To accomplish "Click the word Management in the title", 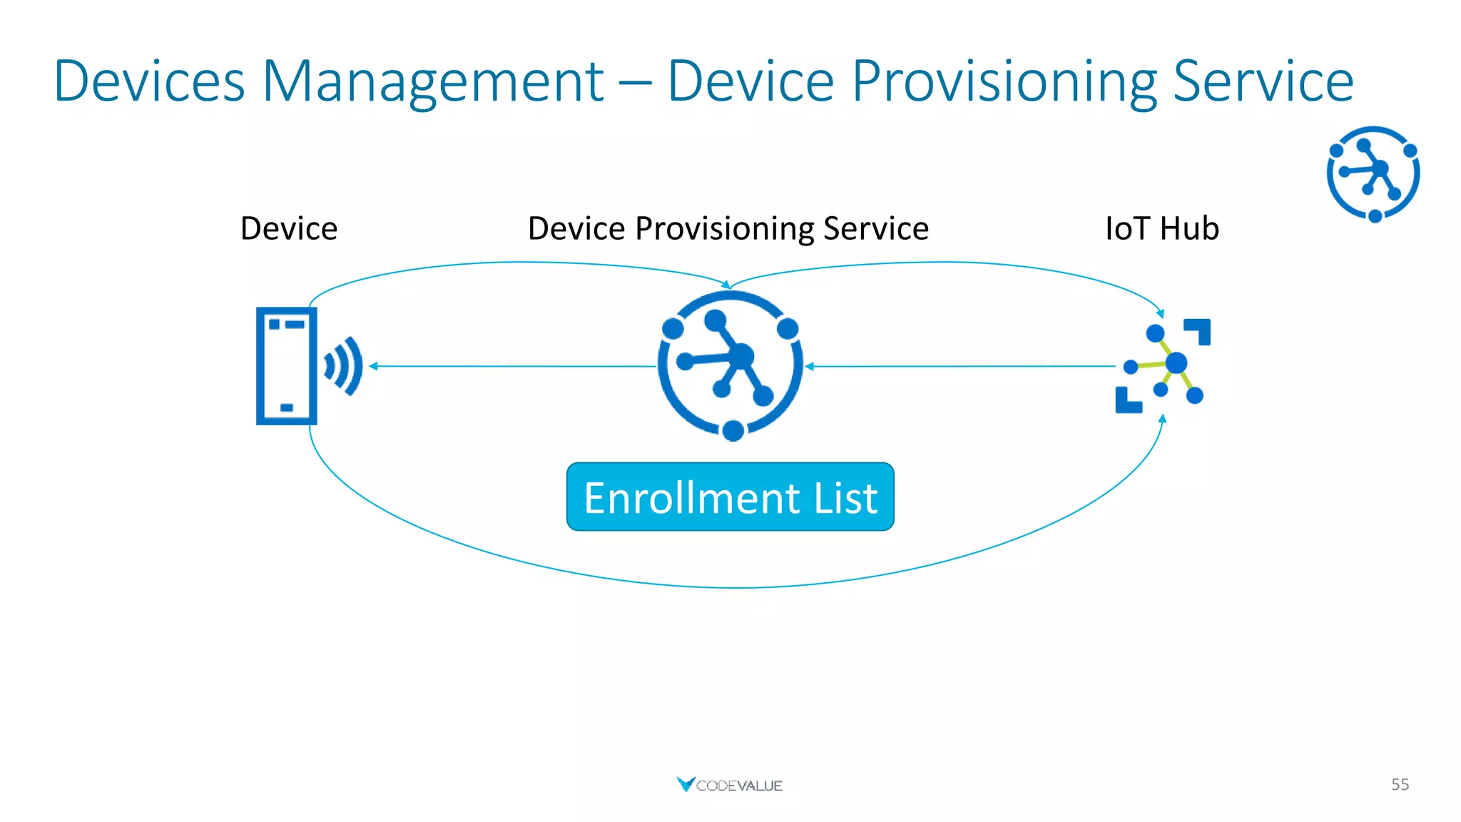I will (433, 82).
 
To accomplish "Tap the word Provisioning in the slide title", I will (1004, 82).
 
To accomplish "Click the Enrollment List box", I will (730, 497).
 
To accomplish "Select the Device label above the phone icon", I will (289, 228).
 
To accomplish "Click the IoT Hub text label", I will (1161, 228).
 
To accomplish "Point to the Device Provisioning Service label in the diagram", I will (728, 228).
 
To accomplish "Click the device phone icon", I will (286, 366).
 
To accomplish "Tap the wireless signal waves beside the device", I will (345, 366).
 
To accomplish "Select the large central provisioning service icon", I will (730, 365).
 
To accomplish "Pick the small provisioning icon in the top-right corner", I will (1373, 173).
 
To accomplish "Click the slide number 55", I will (1400, 784).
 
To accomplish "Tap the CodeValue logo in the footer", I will (729, 785).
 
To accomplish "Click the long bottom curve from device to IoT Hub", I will (735, 587).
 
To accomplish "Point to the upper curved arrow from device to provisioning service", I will (521, 263).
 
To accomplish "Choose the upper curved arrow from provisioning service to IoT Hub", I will (942, 263).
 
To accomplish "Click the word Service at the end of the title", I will (1263, 82).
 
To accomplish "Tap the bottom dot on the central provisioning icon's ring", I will (733, 430).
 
